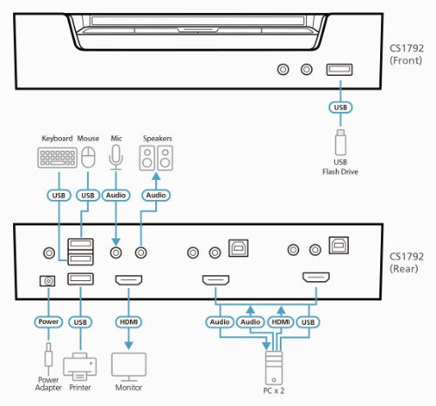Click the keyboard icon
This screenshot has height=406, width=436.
pos(57,158)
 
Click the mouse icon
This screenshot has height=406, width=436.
pos(88,158)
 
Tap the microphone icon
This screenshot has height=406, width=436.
pos(116,155)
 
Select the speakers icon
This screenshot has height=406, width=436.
pos(157,158)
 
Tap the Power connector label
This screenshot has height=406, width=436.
pos(49,321)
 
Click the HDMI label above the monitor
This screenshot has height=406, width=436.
pos(127,321)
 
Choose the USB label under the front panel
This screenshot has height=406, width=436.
pos(339,108)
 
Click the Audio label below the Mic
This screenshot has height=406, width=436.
pos(116,196)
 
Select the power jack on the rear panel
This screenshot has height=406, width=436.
pos(49,280)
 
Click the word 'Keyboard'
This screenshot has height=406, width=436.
pos(56,138)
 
